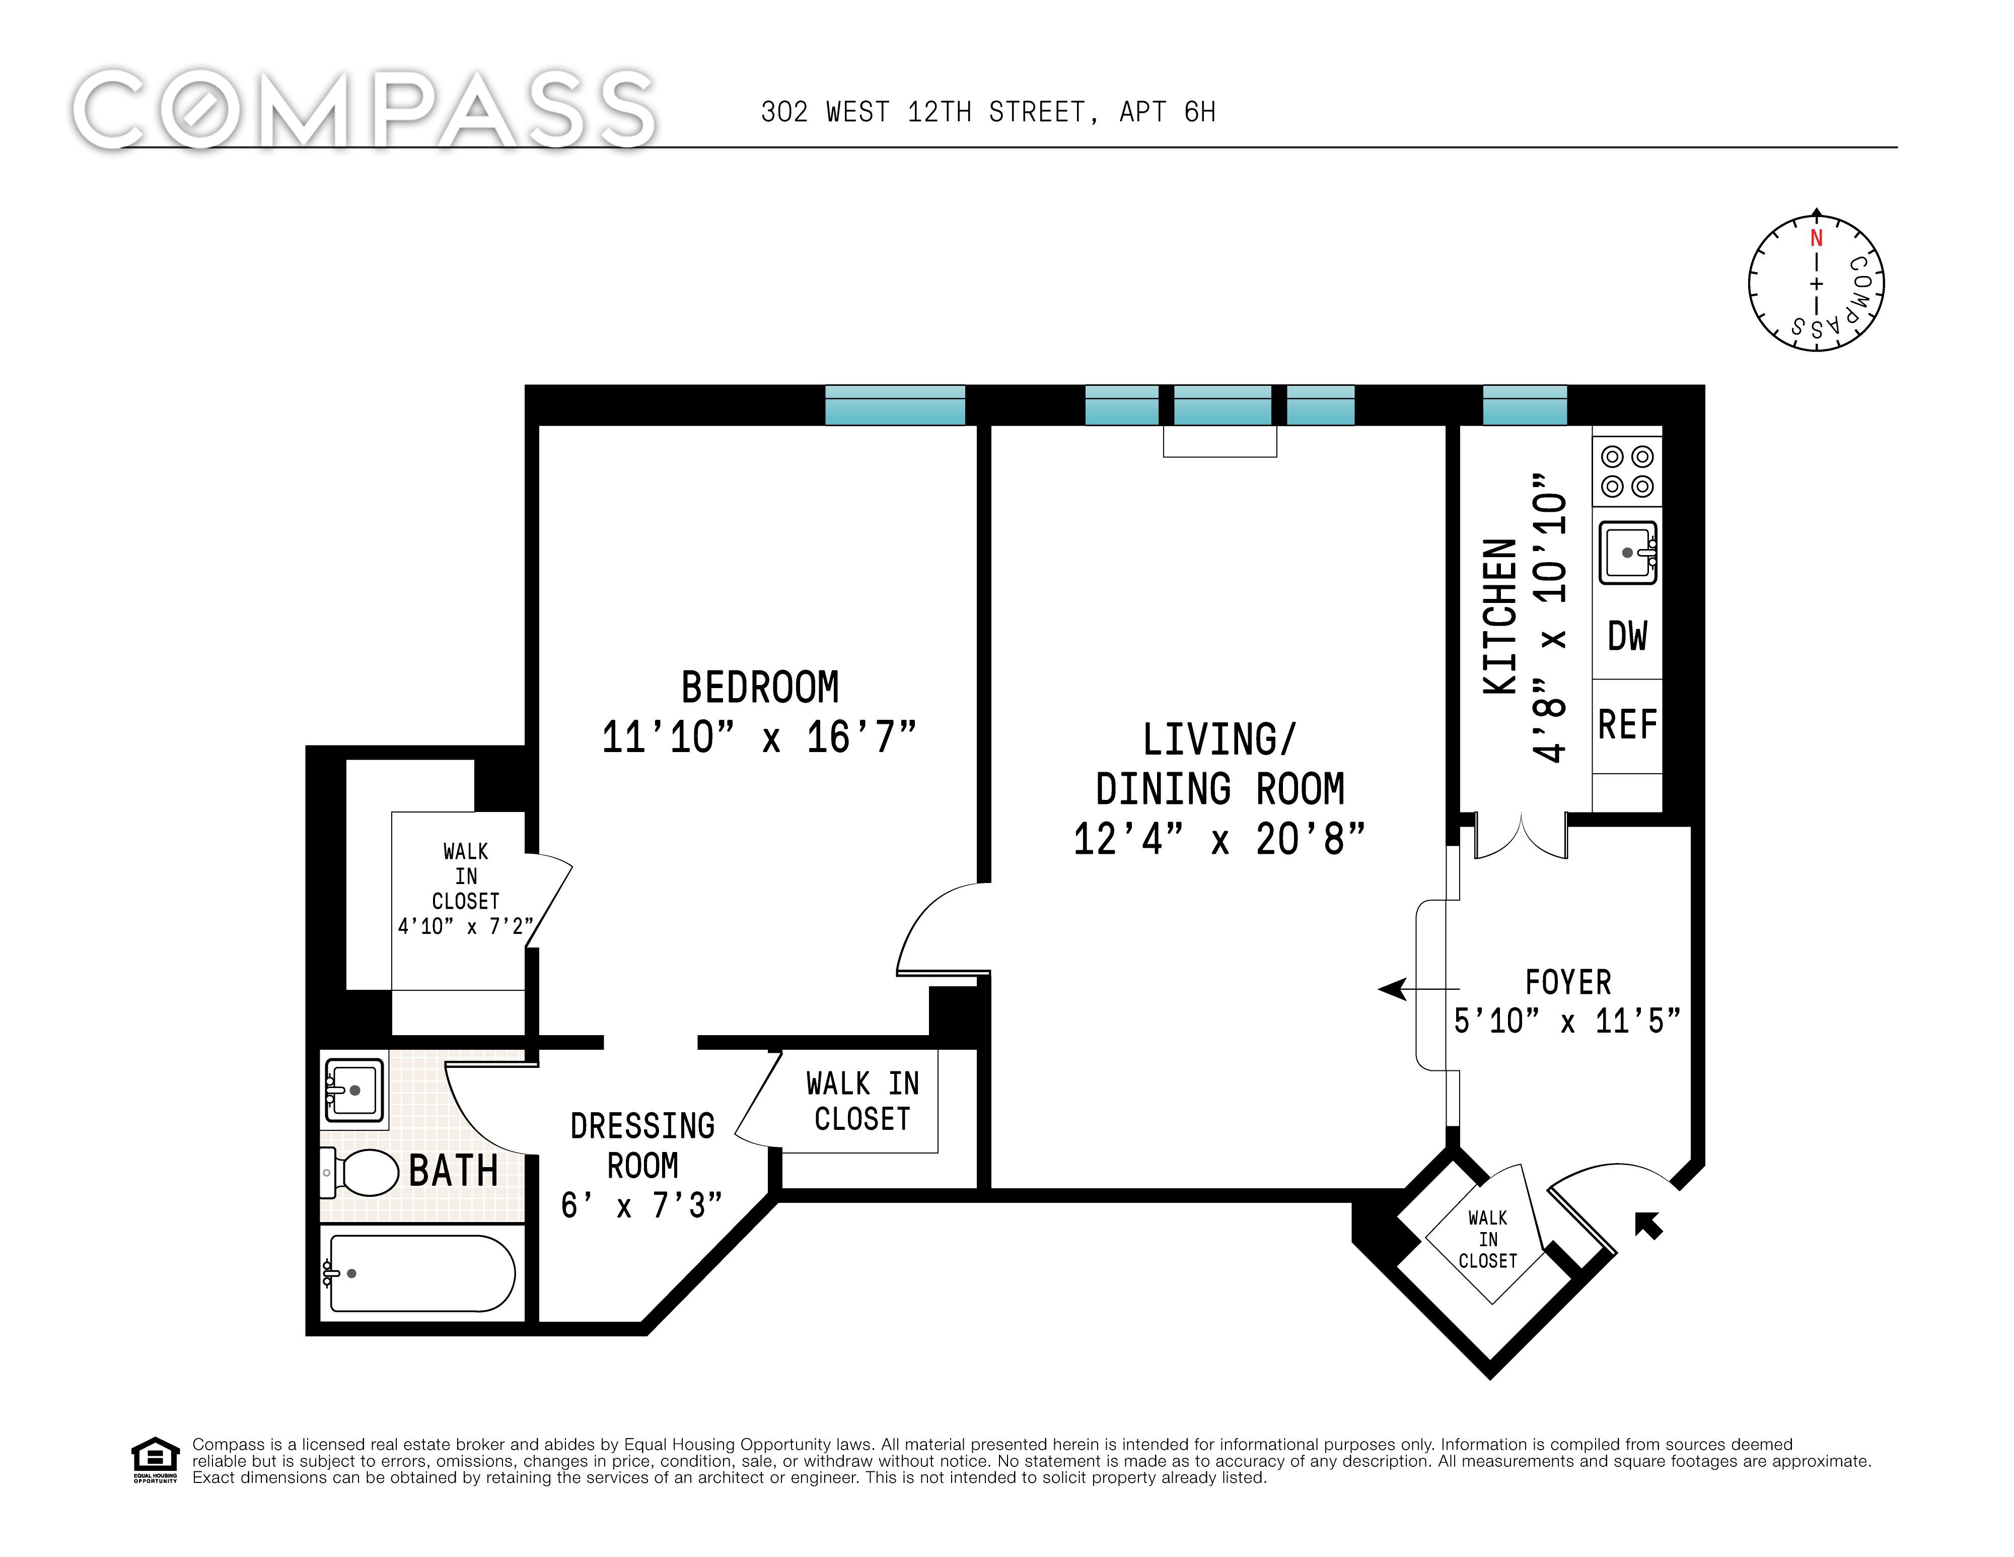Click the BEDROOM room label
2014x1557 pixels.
click(x=760, y=687)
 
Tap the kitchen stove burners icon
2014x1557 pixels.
click(x=1627, y=471)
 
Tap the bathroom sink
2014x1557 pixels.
click(x=352, y=1090)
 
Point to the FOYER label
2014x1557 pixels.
click(x=1568, y=982)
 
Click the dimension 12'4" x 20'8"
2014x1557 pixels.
click(x=1219, y=839)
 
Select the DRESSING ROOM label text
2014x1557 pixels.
click(x=643, y=1145)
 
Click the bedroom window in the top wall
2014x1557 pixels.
click(x=895, y=405)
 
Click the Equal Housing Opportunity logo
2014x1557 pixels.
click(x=155, y=1459)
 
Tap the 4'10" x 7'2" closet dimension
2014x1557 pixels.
click(x=466, y=926)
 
